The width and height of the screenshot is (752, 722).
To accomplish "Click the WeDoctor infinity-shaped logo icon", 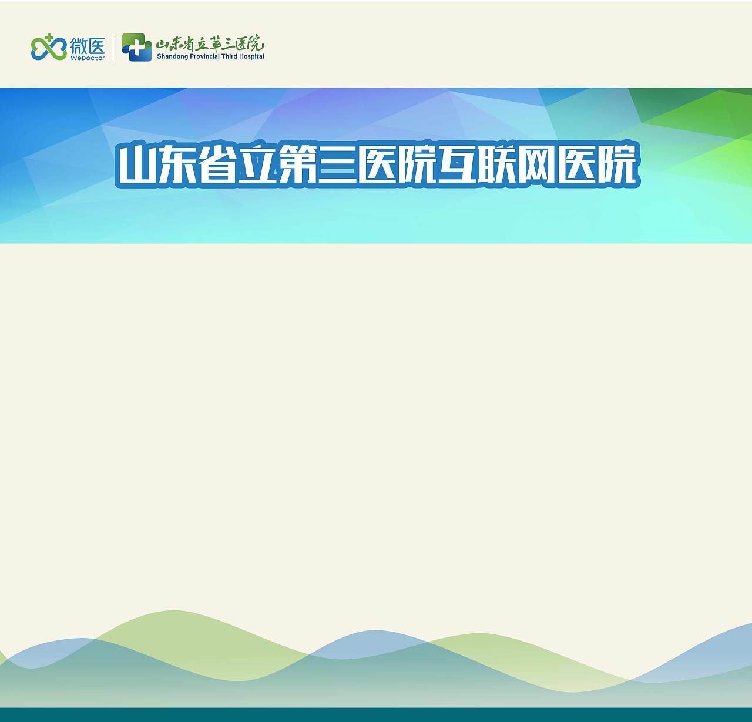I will (x=49, y=48).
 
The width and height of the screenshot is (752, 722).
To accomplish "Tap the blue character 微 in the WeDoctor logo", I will (x=79, y=45).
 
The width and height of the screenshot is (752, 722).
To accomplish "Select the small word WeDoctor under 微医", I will (x=88, y=58).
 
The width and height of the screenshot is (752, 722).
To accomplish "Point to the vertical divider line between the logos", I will (x=113, y=48).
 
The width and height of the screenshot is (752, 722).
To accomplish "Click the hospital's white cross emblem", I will (x=136, y=47).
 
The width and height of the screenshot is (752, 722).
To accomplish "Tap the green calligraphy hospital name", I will (x=210, y=43).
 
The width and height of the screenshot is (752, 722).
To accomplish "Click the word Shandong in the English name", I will (x=172, y=57).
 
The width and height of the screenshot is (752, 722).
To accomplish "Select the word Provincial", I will (x=204, y=57).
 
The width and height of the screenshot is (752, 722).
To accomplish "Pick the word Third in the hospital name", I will (x=229, y=57).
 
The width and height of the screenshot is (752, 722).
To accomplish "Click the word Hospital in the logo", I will (x=252, y=57).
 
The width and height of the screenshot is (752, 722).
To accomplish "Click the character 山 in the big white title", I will (x=138, y=165).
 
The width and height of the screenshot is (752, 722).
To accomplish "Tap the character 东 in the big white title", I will (x=177, y=165).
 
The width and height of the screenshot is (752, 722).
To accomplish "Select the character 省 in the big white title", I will (x=217, y=165).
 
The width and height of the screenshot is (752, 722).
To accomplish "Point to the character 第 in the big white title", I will (x=297, y=165).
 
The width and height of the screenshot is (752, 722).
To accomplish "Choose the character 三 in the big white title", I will (x=337, y=165).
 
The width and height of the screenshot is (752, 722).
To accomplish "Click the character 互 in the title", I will (x=457, y=165).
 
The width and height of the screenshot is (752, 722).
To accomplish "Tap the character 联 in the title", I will (x=497, y=165).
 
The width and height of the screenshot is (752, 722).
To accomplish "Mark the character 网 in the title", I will (x=536, y=165).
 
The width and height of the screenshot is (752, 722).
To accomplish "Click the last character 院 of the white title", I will (x=616, y=165).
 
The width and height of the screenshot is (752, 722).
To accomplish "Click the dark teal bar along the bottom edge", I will (x=376, y=714).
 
